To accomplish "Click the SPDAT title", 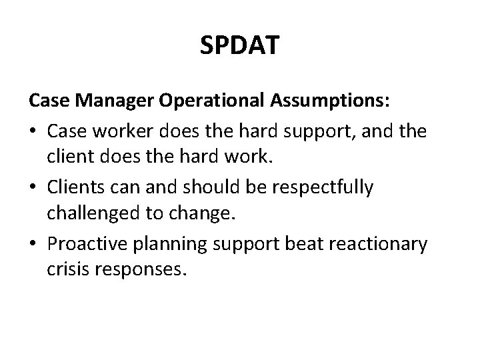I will tap(239, 46).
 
